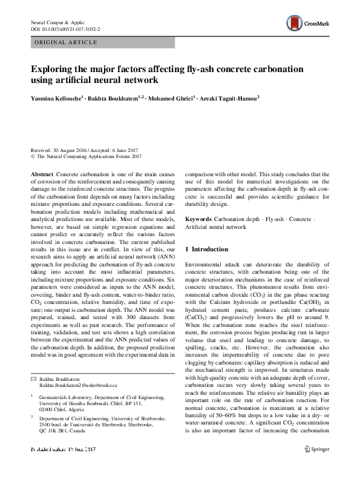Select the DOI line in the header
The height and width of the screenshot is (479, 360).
[65, 28]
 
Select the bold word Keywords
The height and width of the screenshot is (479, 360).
[199, 218]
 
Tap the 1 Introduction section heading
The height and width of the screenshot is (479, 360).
[206, 249]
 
